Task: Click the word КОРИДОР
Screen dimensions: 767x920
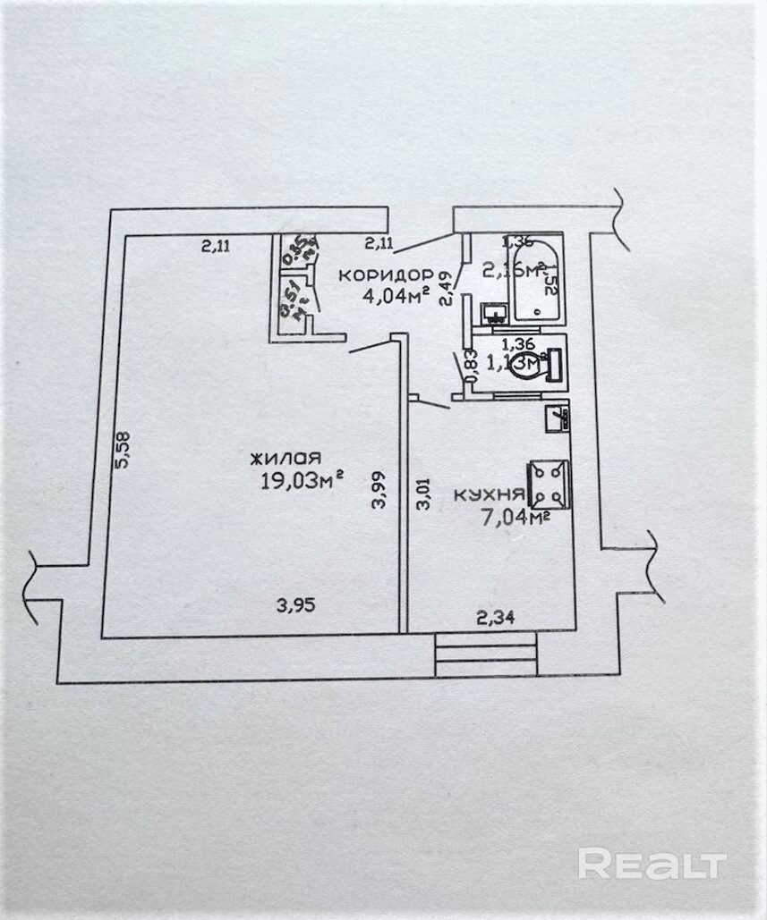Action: pos(386,274)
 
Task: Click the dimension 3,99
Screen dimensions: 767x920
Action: pos(379,490)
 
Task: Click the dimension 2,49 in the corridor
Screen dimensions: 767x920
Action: pos(447,291)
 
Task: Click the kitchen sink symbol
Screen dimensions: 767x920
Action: pos(558,418)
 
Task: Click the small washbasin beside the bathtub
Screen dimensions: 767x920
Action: pos(492,312)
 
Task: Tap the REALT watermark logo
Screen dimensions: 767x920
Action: pos(651,865)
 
